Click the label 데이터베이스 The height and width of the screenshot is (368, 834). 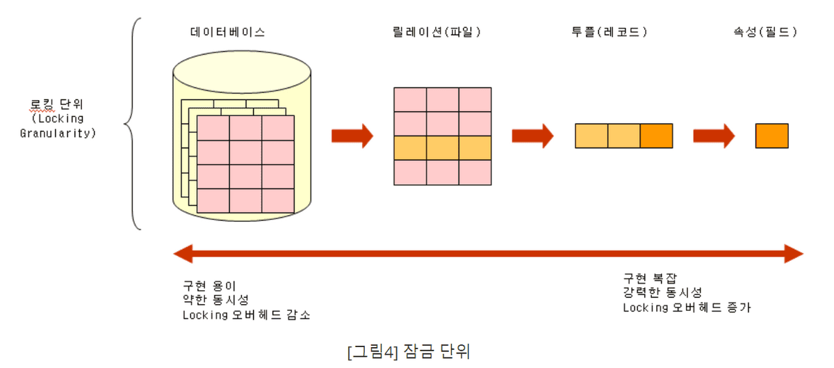[227, 33]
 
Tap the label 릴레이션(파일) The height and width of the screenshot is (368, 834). [436, 33]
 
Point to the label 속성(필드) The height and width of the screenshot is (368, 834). [764, 33]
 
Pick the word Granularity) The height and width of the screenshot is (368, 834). [57, 132]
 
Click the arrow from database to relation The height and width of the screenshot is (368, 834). [352, 135]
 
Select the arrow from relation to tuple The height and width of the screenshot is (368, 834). [532, 135]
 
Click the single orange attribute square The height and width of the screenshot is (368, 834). [771, 136]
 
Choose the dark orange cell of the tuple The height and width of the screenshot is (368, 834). [656, 136]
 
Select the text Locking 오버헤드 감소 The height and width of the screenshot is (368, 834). [246, 315]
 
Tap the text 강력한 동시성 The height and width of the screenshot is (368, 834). [662, 292]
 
